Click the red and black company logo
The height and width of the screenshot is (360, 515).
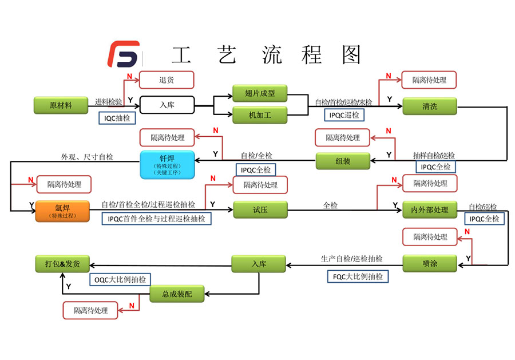[123, 54]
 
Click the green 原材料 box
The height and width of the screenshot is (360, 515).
[61, 105]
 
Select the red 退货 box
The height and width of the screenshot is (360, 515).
[167, 80]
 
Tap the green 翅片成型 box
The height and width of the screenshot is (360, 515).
[260, 93]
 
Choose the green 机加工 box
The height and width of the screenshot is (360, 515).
[260, 115]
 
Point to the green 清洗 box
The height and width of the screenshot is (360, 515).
[430, 106]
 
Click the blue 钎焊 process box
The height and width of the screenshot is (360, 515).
[168, 164]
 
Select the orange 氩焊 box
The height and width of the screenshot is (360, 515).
[63, 211]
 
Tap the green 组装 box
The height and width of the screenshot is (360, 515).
[343, 161]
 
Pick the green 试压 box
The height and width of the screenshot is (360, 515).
[260, 209]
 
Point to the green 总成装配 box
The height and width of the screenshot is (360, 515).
[177, 294]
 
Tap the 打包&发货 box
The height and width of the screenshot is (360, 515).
[63, 264]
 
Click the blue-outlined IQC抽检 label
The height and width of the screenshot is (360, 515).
[117, 118]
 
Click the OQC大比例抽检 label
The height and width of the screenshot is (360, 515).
[120, 279]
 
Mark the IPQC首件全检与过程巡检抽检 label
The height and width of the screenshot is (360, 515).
[156, 218]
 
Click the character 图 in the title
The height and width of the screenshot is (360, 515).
[351, 54]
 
